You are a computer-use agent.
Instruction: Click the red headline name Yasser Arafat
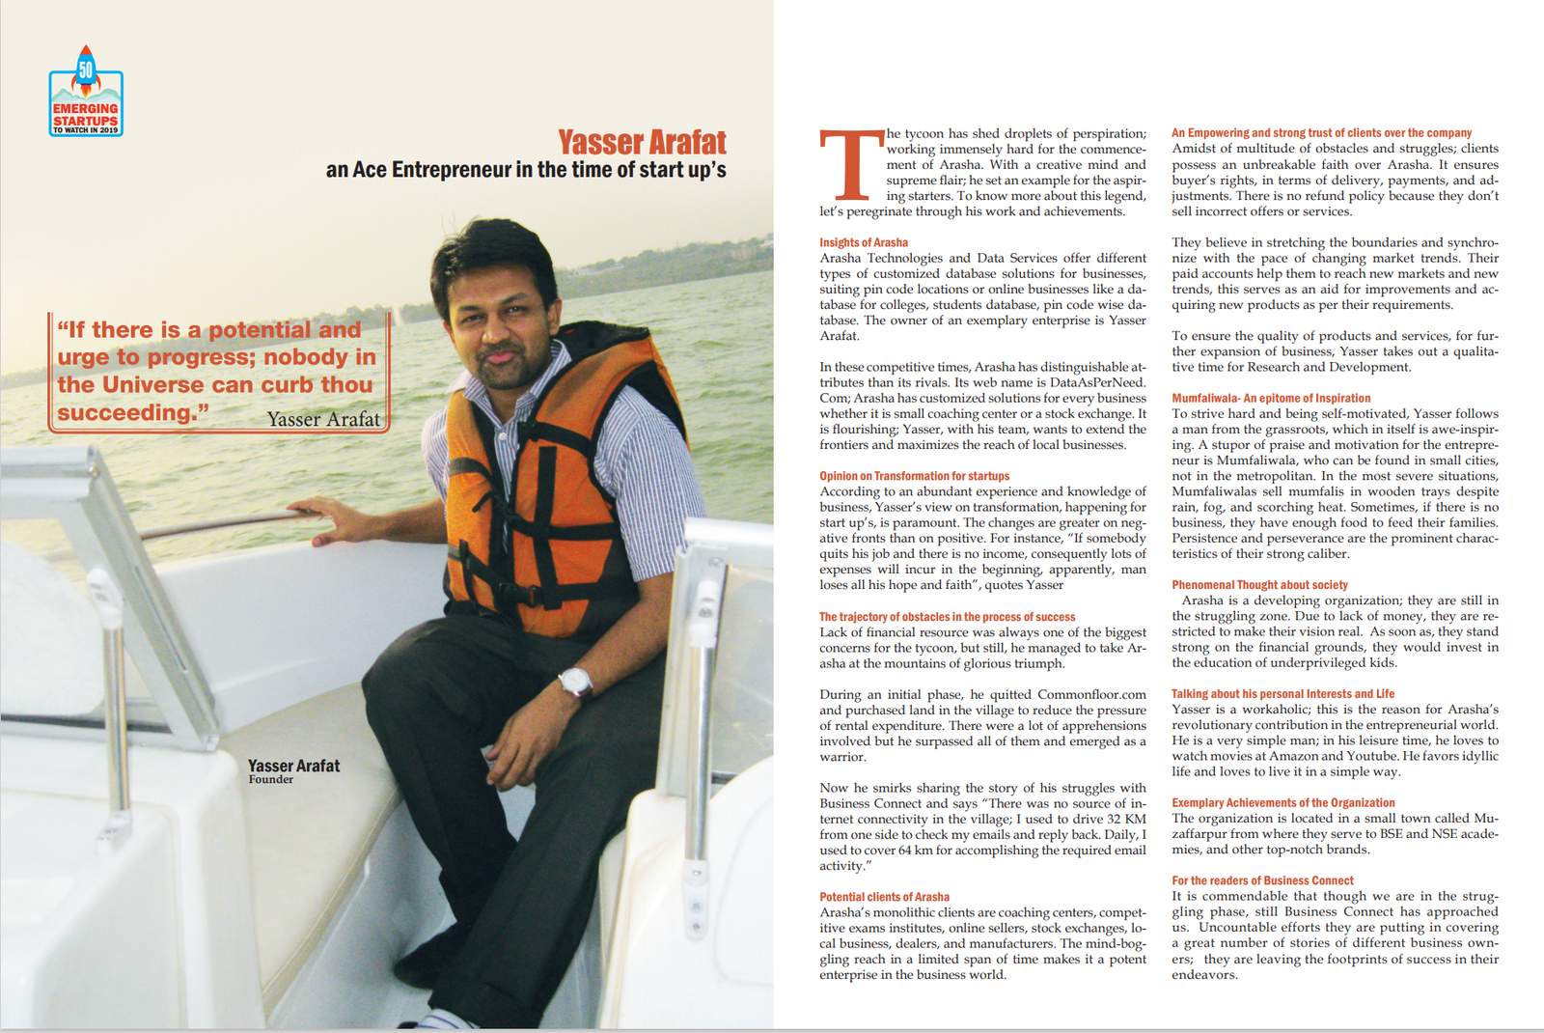[642, 143]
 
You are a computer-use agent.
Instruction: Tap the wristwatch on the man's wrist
[576, 682]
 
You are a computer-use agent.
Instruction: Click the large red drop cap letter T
[849, 166]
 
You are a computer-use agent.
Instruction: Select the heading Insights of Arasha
[864, 242]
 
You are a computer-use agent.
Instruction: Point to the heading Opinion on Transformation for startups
[914, 476]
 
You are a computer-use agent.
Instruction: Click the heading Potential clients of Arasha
[884, 897]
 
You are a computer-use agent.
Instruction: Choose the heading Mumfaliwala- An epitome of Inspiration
[1271, 398]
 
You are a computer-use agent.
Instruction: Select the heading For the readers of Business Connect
[1262, 880]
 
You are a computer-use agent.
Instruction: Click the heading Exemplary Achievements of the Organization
[1282, 802]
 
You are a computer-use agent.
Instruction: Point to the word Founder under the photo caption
[270, 780]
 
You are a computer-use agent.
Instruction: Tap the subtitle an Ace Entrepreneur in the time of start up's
[526, 170]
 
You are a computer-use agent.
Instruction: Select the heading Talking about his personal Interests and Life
[1282, 693]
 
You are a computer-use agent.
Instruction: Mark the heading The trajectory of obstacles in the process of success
[947, 617]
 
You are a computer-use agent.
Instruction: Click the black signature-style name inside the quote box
[323, 419]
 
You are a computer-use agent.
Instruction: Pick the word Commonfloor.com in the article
[1091, 694]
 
